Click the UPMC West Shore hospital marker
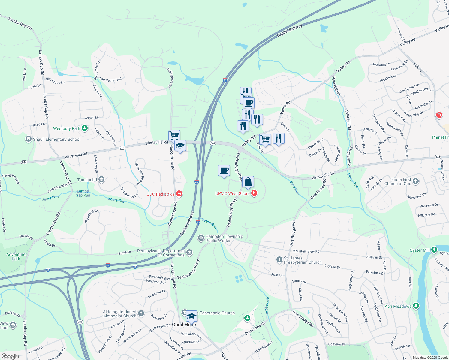point(254,193)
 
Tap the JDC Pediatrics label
point(161,194)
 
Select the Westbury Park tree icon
point(85,128)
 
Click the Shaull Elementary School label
point(57,139)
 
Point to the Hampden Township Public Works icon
point(201,238)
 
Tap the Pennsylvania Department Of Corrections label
point(161,253)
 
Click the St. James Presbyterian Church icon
point(279,259)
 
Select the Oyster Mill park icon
point(434,250)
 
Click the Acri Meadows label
point(398,306)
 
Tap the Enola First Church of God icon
point(416,181)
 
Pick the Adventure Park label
point(16,256)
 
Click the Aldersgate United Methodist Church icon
point(141,313)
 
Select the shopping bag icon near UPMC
point(248,182)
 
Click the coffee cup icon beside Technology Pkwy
point(224,170)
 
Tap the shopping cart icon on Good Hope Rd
point(174,135)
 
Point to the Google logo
point(10,356)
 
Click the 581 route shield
point(80,322)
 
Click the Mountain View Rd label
point(306,251)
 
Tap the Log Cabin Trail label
point(110,79)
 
